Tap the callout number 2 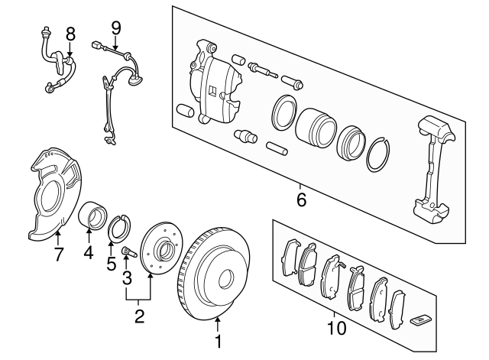tap(139, 315)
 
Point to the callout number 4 tap(89, 251)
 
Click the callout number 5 tap(112, 264)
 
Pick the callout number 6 tap(300, 200)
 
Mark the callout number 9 tap(115, 28)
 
